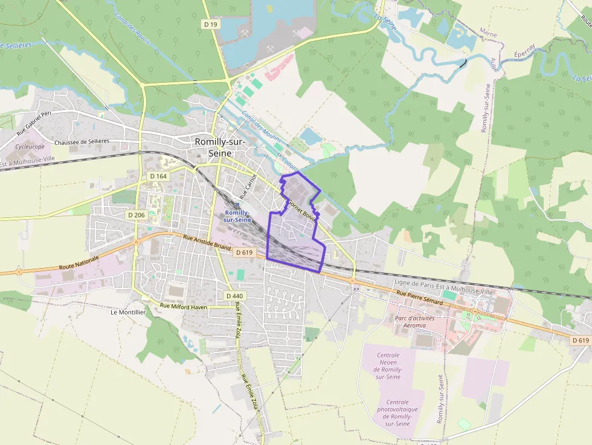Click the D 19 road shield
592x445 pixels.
(x=210, y=24)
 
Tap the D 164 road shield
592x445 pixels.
(x=158, y=176)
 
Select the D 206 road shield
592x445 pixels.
(x=137, y=215)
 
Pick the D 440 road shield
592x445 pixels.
(x=234, y=295)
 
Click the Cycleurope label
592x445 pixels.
(x=30, y=146)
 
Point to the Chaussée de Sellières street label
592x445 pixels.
(x=82, y=142)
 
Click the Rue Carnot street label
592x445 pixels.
(x=248, y=187)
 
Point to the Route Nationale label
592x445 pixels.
(x=79, y=263)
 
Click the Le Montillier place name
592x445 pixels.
(x=128, y=312)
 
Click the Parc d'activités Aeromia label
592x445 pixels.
(x=410, y=321)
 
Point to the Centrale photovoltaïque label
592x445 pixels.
(x=397, y=413)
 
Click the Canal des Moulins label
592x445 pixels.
(x=257, y=127)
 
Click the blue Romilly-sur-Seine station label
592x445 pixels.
(x=237, y=216)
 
